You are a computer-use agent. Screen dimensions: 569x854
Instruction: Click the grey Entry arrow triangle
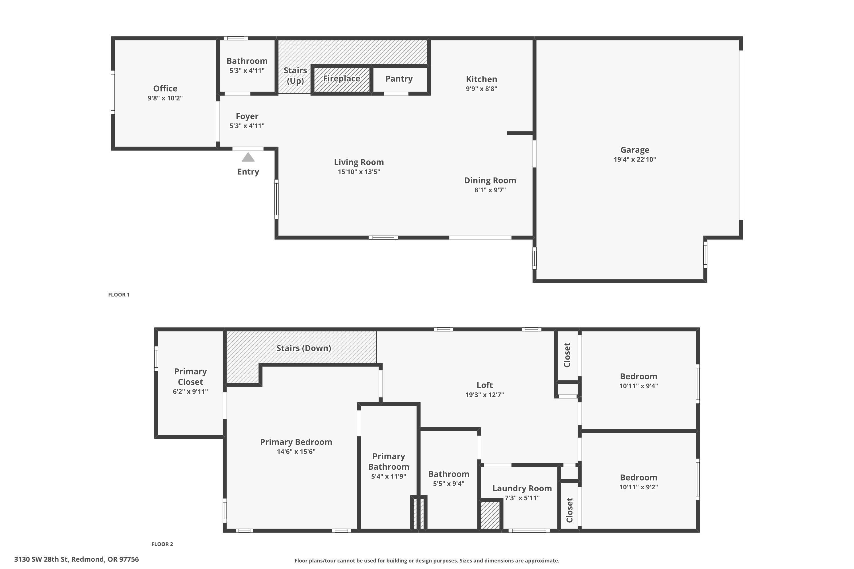point(248,158)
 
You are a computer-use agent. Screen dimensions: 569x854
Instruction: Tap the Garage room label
point(635,150)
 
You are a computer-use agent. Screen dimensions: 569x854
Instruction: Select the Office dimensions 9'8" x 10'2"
point(165,98)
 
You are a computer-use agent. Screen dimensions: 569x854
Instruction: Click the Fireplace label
point(342,79)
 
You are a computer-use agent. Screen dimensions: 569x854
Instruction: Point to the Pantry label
point(399,79)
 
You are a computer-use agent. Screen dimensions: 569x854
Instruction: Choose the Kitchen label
point(481,79)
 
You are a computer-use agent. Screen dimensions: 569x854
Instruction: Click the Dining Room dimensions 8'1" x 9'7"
point(490,190)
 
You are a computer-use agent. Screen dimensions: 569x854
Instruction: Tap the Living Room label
point(359,162)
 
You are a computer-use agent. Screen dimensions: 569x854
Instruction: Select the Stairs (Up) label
point(295,75)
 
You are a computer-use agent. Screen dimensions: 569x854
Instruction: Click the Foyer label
point(247,116)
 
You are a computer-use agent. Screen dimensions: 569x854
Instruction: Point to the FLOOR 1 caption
point(119,295)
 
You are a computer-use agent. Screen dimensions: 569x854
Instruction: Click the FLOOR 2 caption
point(162,544)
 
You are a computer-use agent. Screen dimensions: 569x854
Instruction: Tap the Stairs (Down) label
point(303,348)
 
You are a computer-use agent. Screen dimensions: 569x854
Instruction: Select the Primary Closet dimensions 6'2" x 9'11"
point(190,391)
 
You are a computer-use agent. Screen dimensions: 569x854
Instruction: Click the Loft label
point(485,385)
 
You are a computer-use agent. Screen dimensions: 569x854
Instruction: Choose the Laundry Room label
point(522,488)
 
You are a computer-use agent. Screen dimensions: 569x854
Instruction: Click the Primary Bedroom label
point(296,442)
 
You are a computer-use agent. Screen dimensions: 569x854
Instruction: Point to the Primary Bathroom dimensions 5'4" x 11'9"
point(389,477)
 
